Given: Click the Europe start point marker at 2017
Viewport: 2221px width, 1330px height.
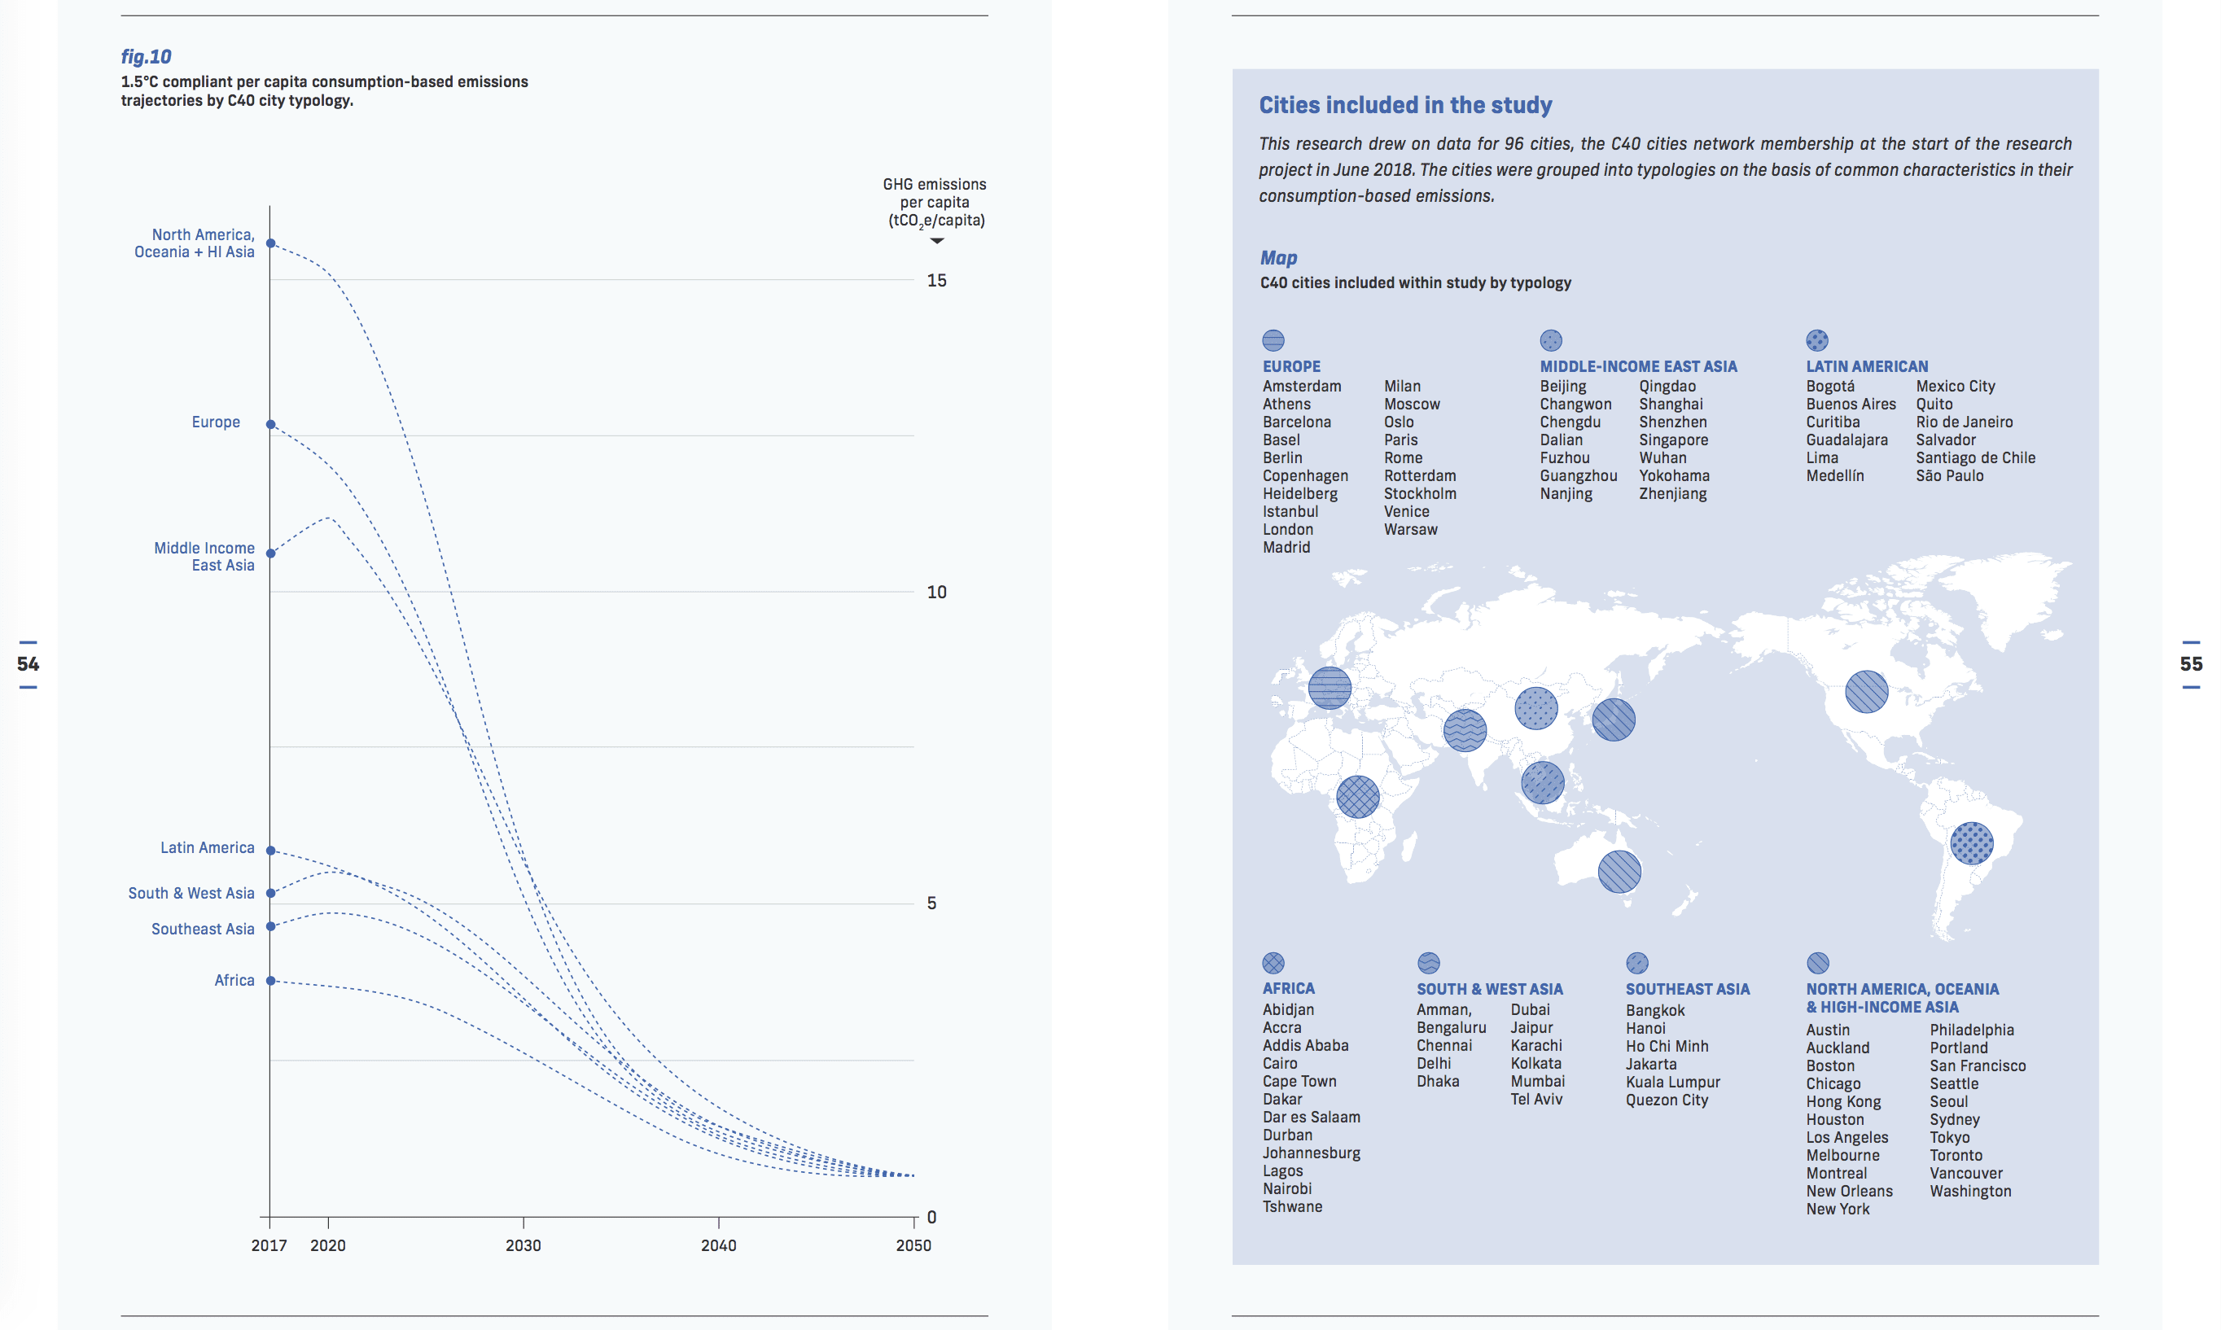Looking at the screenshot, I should tap(270, 424).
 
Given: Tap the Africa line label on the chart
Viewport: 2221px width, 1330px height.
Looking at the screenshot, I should tap(234, 981).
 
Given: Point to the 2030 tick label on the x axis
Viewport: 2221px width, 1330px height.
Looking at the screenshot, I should tap(523, 1245).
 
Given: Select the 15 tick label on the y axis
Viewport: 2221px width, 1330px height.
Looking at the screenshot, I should tap(936, 281).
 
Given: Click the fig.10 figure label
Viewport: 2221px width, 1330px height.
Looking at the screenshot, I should tap(146, 56).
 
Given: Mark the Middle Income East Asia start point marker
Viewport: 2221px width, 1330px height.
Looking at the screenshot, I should tap(270, 553).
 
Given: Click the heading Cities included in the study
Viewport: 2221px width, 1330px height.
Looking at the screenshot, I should tap(1404, 105).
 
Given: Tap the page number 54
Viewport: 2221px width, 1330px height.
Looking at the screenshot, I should tap(28, 664).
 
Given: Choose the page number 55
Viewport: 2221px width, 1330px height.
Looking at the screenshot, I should tap(2191, 664).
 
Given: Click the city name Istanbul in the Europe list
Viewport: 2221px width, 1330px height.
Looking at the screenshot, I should tap(1290, 512).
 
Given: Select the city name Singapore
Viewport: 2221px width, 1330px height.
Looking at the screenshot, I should tap(1672, 440).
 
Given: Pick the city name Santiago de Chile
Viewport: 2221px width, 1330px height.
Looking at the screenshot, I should tap(1974, 458).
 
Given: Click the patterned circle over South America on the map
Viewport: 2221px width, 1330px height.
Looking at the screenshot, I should tap(1971, 843).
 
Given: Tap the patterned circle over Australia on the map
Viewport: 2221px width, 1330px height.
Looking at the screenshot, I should tap(1619, 871).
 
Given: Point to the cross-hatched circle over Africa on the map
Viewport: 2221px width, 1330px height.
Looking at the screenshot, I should tap(1357, 796).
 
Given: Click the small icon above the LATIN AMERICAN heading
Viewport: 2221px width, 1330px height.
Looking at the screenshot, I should tap(1816, 340).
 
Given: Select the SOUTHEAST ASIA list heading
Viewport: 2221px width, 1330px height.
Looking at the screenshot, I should tap(1687, 990).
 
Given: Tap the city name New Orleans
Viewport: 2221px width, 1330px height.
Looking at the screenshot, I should tap(1848, 1191).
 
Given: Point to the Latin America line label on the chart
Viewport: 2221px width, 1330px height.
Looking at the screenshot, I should tap(207, 848).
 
